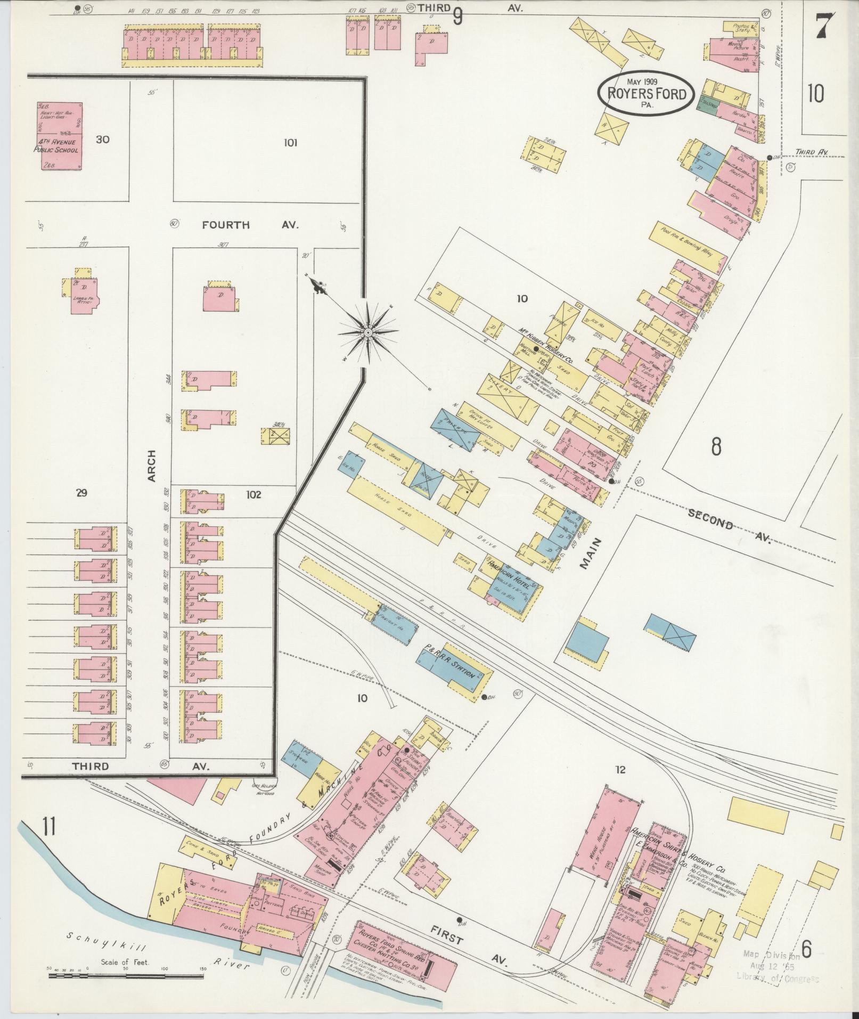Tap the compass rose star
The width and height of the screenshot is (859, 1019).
point(367,332)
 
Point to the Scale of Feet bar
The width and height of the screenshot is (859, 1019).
point(127,976)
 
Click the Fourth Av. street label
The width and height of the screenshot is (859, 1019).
point(250,225)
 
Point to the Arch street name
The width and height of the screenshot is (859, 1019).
point(151,466)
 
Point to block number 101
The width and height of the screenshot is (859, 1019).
point(291,143)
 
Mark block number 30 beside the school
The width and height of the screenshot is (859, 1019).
point(103,140)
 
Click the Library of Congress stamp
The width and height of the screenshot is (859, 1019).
point(778,965)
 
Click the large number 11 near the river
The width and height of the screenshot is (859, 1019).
point(49,829)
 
